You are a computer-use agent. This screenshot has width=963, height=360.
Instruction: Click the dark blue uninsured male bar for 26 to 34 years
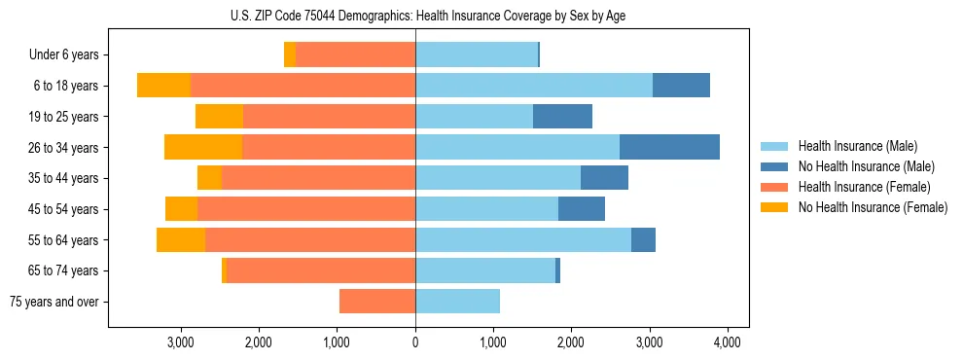[x=669, y=147]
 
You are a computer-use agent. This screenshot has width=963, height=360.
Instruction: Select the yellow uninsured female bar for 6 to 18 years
[x=163, y=86]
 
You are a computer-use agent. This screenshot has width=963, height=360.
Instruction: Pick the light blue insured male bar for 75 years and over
[x=457, y=302]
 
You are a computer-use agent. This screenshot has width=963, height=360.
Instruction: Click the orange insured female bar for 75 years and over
[x=377, y=302]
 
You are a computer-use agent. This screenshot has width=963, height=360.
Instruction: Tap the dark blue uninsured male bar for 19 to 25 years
[x=562, y=117]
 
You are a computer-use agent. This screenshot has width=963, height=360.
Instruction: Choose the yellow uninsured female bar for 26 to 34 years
[x=203, y=147]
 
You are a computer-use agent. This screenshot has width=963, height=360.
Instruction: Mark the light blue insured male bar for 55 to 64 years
[x=523, y=239]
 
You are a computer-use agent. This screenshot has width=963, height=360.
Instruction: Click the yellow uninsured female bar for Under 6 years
[x=290, y=55]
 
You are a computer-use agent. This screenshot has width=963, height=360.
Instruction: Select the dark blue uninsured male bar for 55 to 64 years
[x=643, y=239]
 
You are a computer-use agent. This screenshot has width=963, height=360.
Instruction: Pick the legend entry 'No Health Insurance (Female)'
[x=872, y=207]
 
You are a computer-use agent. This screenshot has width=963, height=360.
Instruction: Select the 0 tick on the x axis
[x=415, y=342]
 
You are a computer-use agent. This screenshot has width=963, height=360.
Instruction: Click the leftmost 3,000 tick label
[x=181, y=342]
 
